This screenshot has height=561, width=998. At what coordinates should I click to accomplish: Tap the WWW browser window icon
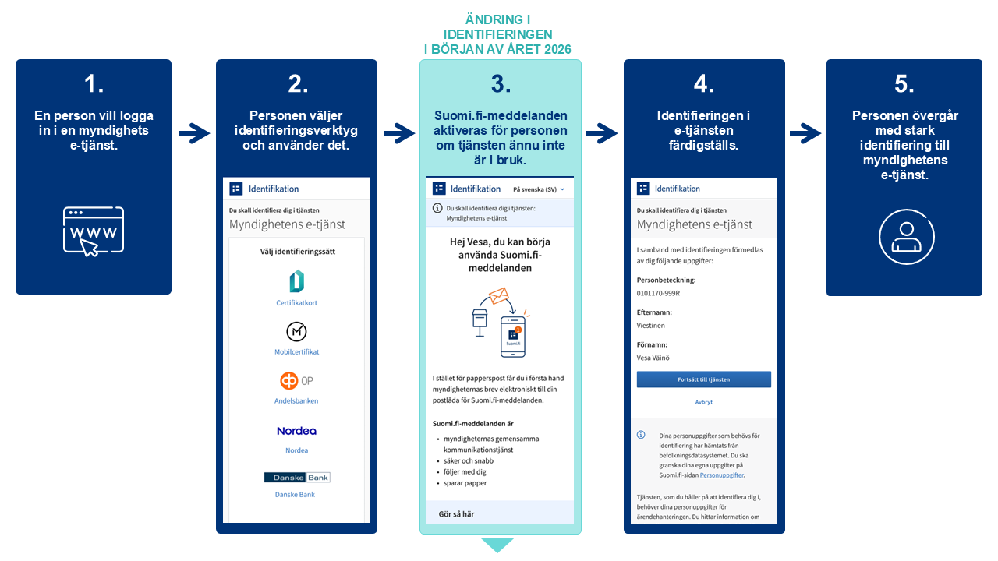[94, 231]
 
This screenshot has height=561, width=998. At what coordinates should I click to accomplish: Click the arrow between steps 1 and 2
[194, 134]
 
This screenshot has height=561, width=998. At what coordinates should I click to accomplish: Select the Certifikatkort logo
[296, 282]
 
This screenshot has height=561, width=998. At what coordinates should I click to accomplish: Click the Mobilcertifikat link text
[297, 352]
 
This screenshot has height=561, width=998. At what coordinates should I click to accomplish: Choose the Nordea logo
[296, 431]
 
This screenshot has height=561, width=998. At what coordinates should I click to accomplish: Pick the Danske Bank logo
[296, 477]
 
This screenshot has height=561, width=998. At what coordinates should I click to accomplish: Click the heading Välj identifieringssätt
[297, 252]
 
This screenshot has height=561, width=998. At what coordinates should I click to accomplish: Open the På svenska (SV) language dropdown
[539, 189]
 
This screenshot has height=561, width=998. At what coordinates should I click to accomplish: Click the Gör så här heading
[456, 514]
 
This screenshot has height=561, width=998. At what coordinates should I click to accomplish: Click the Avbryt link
[703, 402]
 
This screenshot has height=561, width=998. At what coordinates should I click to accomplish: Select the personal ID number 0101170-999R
[658, 293]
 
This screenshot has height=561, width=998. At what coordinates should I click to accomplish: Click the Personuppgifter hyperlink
[721, 475]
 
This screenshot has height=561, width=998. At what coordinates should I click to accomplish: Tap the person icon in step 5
[905, 235]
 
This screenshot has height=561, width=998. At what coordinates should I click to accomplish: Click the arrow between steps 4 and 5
[805, 134]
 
